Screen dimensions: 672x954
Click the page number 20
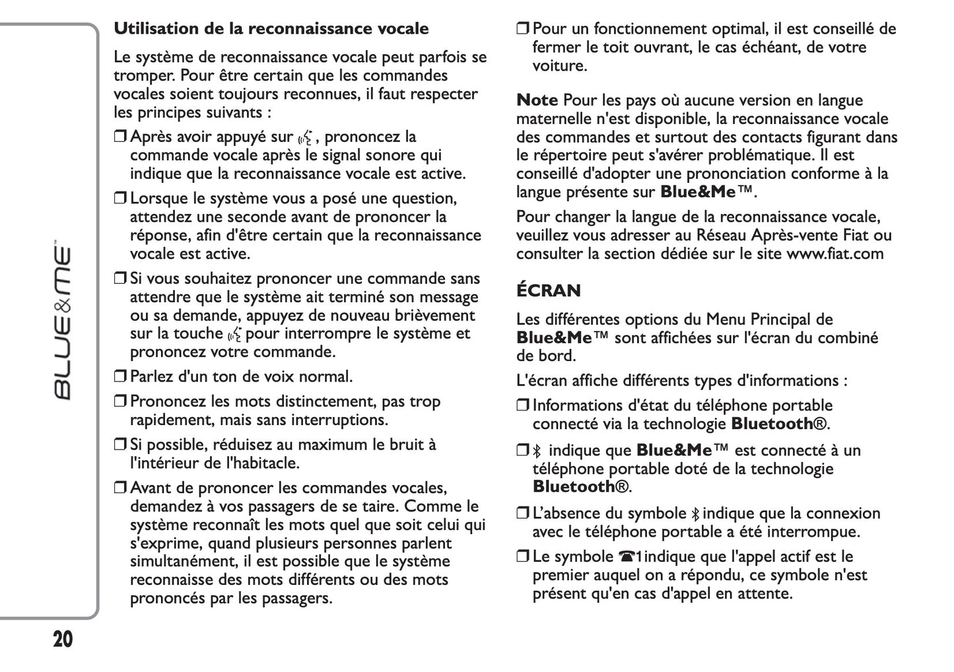point(63,640)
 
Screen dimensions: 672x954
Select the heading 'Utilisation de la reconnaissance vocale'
point(271,29)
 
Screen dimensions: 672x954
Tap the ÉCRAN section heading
point(548,290)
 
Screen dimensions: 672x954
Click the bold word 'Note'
point(537,101)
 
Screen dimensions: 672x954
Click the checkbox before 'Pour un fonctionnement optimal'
point(522,29)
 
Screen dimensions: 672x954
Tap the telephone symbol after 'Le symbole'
point(626,557)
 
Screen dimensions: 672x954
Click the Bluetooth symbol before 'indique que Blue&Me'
point(537,452)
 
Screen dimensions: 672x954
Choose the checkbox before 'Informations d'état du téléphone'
point(522,406)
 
